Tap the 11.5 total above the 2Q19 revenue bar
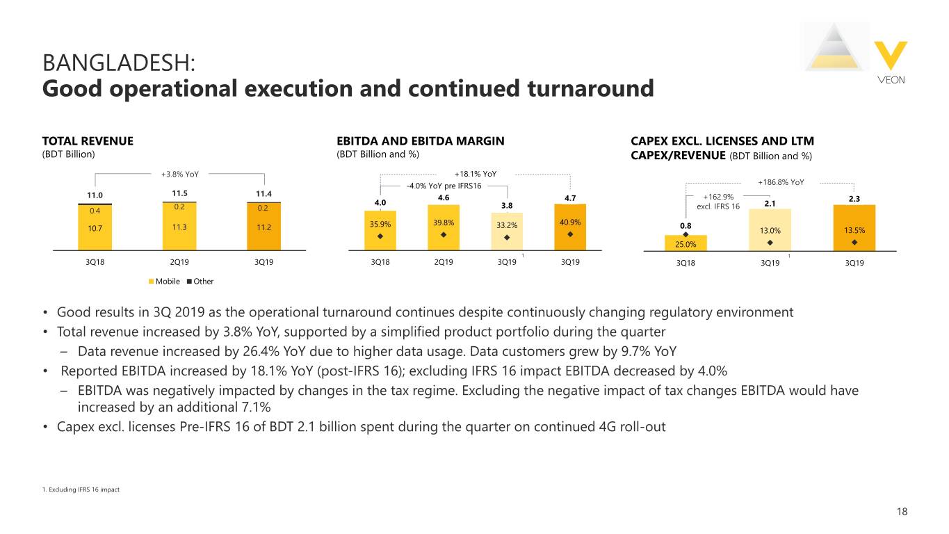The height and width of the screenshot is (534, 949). [180, 193]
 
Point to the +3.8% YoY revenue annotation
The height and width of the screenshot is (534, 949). [179, 173]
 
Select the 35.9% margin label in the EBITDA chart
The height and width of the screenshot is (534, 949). [380, 224]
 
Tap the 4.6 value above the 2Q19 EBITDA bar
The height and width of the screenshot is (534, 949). [444, 197]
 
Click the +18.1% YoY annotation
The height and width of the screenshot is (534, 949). [475, 174]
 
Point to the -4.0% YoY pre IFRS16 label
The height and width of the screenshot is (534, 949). [444, 186]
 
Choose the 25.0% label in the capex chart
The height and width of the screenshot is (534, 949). [684, 243]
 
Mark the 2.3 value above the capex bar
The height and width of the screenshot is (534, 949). [854, 198]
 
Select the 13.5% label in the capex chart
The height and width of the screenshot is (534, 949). [854, 230]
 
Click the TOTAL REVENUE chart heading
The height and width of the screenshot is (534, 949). [88, 141]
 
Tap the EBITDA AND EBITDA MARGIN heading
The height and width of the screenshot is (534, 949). [420, 141]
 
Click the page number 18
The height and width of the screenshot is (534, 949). [902, 512]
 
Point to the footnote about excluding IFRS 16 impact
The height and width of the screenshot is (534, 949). [81, 489]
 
